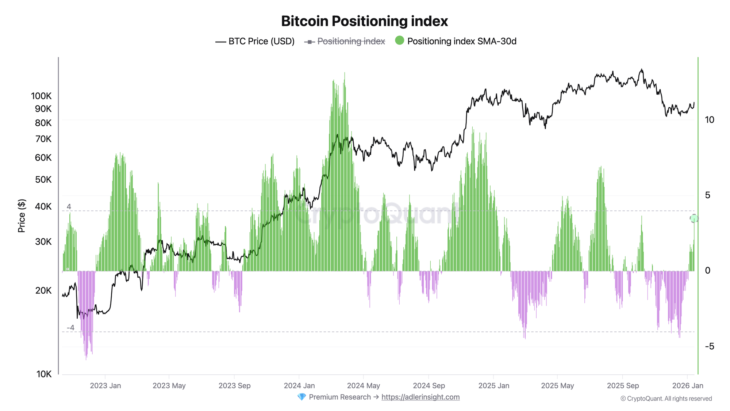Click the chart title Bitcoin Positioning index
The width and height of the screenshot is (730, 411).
[364, 21]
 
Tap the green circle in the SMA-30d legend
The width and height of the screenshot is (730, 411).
[400, 41]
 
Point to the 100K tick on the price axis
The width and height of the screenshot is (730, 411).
[41, 96]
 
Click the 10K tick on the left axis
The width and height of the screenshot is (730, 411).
[44, 374]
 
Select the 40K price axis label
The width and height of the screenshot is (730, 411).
[43, 206]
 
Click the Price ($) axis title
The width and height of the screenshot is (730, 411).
[22, 216]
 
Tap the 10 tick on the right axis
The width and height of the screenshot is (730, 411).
[710, 120]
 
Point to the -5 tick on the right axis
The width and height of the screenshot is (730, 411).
[710, 346]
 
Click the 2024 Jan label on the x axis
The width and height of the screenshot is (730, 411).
[299, 385]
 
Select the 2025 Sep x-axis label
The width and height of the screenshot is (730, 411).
[623, 385]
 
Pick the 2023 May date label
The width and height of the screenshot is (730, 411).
[169, 385]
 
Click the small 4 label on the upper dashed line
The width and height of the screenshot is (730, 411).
[69, 207]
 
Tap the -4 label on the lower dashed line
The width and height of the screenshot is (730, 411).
[70, 328]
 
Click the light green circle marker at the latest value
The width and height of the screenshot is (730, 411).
[694, 218]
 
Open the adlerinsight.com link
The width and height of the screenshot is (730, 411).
[420, 397]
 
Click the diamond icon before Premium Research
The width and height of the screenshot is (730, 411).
[301, 397]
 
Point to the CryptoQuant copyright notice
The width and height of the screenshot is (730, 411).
[666, 399]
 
